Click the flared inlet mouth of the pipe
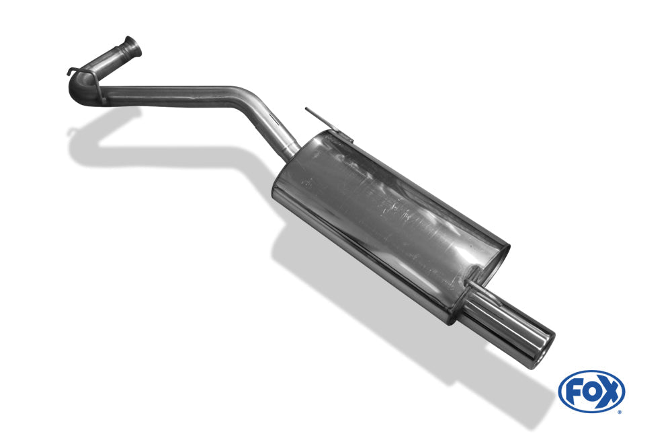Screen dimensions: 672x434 coord(132,47)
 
